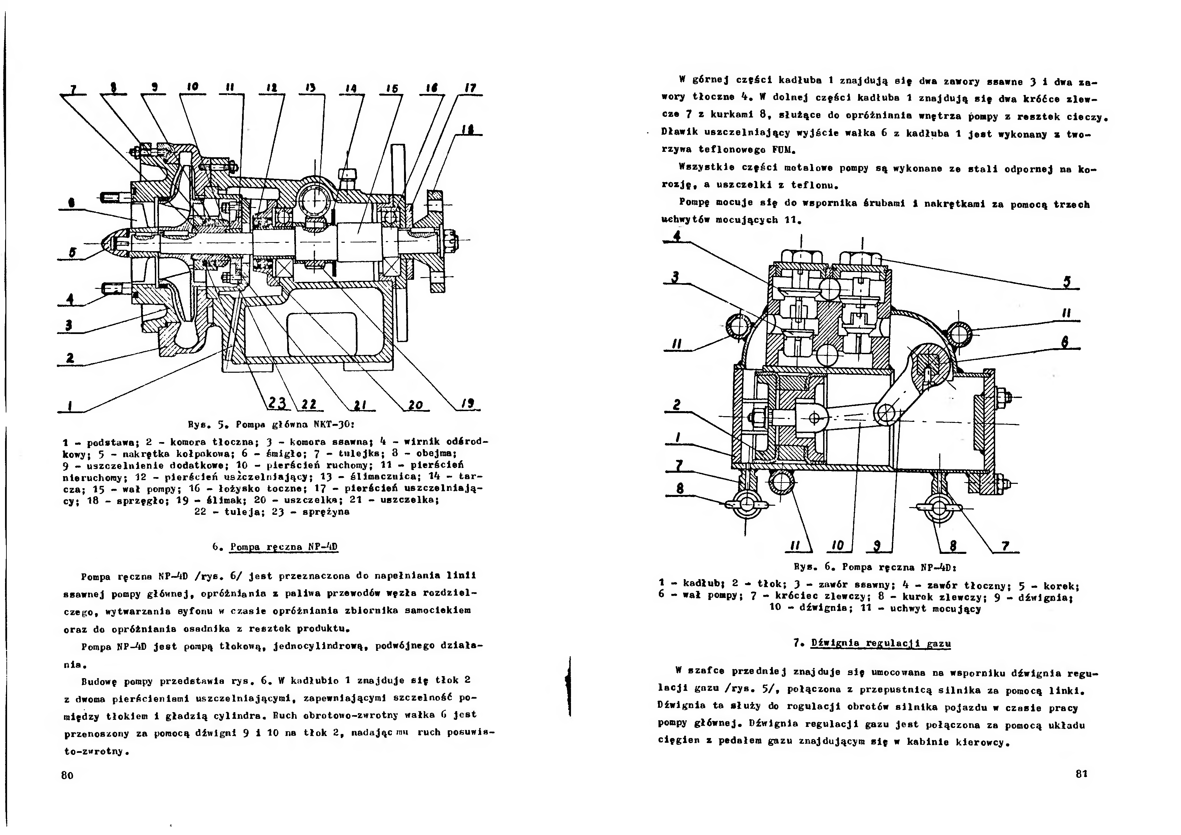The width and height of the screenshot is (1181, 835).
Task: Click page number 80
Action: (67, 775)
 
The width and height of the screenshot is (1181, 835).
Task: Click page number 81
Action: (1081, 773)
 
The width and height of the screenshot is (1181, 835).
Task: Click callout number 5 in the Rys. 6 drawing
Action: (1067, 282)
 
